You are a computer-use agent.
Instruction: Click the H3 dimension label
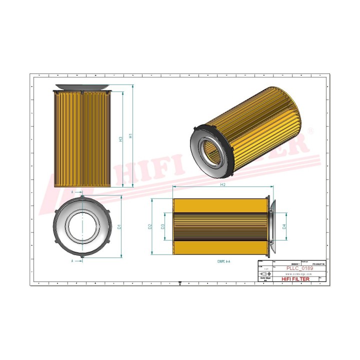pyautogui.click(x=120, y=139)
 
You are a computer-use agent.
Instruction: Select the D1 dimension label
pyautogui.click(x=119, y=226)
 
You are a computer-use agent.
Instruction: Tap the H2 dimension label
pyautogui.click(x=223, y=185)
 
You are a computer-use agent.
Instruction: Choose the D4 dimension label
pyautogui.click(x=284, y=226)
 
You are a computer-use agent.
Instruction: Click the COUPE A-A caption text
pyautogui.click(x=223, y=261)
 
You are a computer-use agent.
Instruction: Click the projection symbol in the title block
pyautogui.click(x=264, y=274)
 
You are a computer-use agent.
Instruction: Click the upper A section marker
pyautogui.click(x=73, y=191)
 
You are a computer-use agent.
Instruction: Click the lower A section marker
pyautogui.click(x=73, y=260)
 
